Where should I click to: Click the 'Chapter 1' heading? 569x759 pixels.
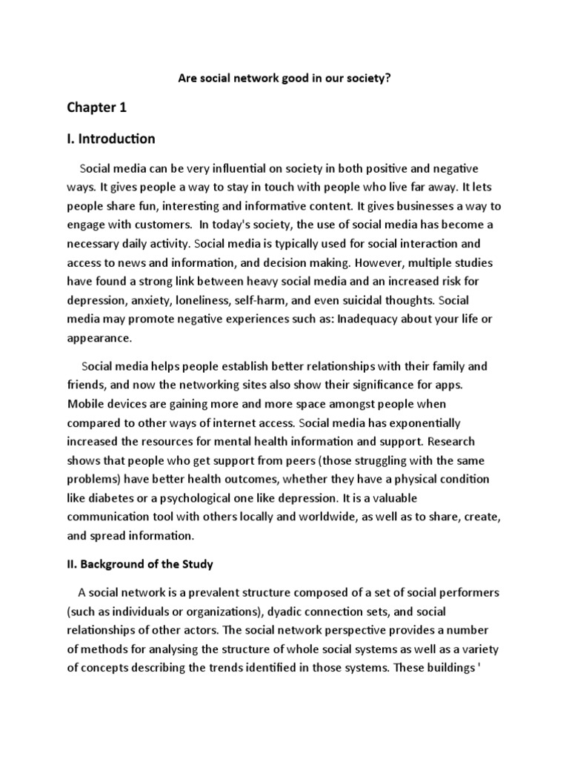pos(97,107)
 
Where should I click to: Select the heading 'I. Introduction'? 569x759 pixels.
pos(111,139)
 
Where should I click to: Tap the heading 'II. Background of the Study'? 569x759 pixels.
pos(140,564)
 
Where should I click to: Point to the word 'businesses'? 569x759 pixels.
pos(430,206)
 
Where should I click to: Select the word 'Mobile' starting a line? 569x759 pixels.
pos(85,404)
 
